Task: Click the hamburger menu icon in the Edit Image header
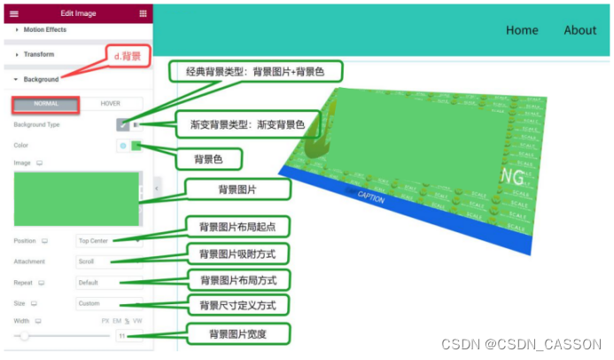click(x=13, y=14)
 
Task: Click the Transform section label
click(x=39, y=54)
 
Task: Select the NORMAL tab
click(x=45, y=104)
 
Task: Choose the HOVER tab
click(x=111, y=104)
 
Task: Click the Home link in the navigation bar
click(x=522, y=30)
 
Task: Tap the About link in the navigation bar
click(x=580, y=30)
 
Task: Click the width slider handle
click(x=25, y=336)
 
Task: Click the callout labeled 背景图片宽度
click(x=237, y=334)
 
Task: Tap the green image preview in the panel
click(x=78, y=200)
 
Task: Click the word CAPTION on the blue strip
click(x=370, y=199)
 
